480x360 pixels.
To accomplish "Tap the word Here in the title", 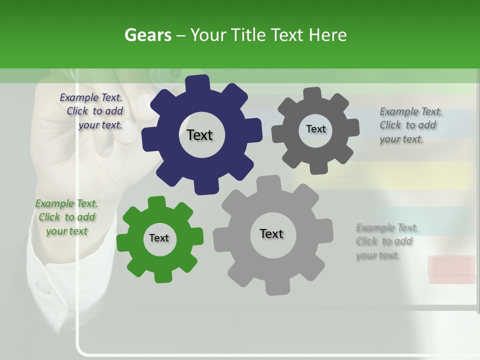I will (x=327, y=35).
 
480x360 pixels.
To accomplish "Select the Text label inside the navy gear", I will (x=199, y=135).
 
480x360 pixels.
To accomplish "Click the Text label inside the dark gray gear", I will (x=315, y=129).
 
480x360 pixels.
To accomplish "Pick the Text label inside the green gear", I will (x=159, y=238).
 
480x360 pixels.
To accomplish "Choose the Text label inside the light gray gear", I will (x=271, y=233).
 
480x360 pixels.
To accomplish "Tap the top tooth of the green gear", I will (x=156, y=202).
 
